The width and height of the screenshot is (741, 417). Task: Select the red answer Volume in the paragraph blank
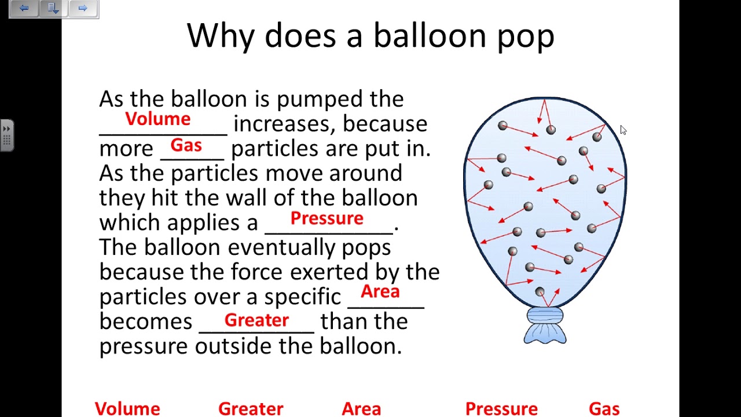tap(157, 119)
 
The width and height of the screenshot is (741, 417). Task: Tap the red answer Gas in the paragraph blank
tap(186, 145)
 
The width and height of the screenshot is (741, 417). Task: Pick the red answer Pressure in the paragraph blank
tap(327, 218)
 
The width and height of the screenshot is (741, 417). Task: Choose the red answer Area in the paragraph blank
tap(380, 291)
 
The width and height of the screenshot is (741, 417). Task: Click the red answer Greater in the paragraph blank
tap(256, 320)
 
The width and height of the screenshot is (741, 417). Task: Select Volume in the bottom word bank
tap(127, 409)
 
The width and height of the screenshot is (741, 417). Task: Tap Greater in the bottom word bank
tap(251, 409)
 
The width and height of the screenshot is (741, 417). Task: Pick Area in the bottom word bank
tap(361, 409)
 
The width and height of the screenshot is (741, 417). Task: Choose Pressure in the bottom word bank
tap(501, 409)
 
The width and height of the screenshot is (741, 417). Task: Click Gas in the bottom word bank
tap(604, 409)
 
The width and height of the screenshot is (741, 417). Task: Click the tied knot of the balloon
tap(545, 317)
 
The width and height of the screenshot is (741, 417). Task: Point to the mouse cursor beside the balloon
tap(623, 130)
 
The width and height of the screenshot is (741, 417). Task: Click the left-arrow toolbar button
tap(24, 8)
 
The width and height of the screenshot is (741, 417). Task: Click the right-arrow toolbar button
tap(83, 8)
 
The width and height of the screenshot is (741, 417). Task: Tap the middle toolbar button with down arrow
tap(53, 8)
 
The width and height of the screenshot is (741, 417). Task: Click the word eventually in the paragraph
tap(281, 247)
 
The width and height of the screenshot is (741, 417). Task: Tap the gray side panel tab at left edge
tap(6, 135)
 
